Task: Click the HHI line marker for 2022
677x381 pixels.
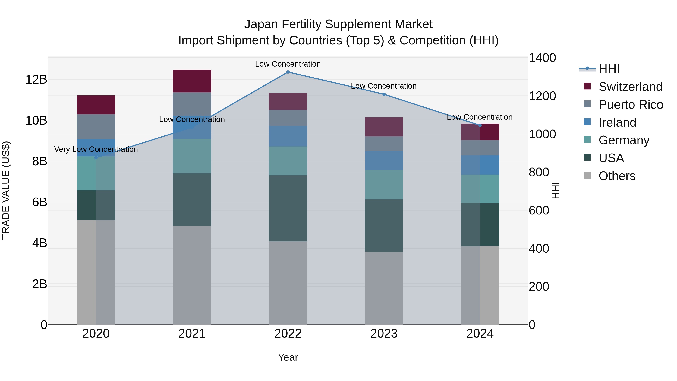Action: tap(288, 72)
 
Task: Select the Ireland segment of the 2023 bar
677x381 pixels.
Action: tap(384, 161)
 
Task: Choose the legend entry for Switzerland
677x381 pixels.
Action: tap(630, 87)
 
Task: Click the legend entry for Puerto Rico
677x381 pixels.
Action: tap(631, 105)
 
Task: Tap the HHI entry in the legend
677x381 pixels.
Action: tap(609, 69)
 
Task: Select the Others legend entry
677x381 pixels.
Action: tap(617, 176)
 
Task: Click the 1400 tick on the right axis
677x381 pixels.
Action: tap(542, 58)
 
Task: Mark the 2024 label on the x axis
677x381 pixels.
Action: tap(480, 334)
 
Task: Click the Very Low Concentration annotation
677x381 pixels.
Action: tap(96, 149)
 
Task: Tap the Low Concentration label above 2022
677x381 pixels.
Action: tap(288, 64)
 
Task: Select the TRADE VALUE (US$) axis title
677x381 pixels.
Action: tap(6, 190)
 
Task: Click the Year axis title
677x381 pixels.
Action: tap(288, 357)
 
